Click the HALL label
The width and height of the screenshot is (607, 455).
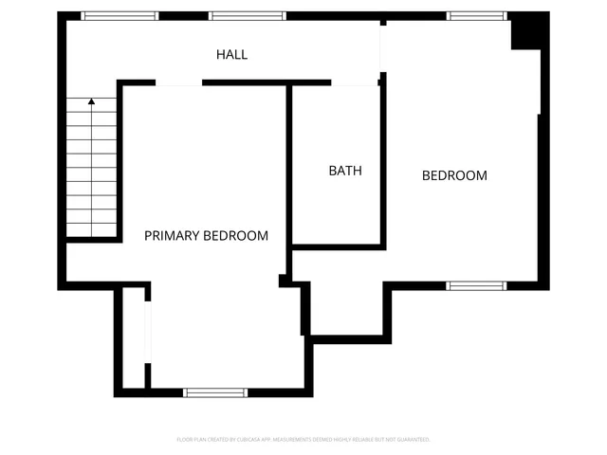231,55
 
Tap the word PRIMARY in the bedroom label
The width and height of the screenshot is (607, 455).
172,236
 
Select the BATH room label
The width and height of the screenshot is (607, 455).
345,172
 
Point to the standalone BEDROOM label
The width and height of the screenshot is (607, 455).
454,175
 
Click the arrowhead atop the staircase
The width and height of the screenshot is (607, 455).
91,100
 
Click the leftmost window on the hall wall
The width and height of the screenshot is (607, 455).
120,15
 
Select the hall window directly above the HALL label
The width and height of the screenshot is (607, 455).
247,15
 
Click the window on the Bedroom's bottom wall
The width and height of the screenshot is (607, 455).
476,285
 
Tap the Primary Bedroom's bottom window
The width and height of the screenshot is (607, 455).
215,391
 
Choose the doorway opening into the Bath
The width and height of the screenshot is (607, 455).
355,84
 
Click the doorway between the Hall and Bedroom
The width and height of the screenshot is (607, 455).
381,47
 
